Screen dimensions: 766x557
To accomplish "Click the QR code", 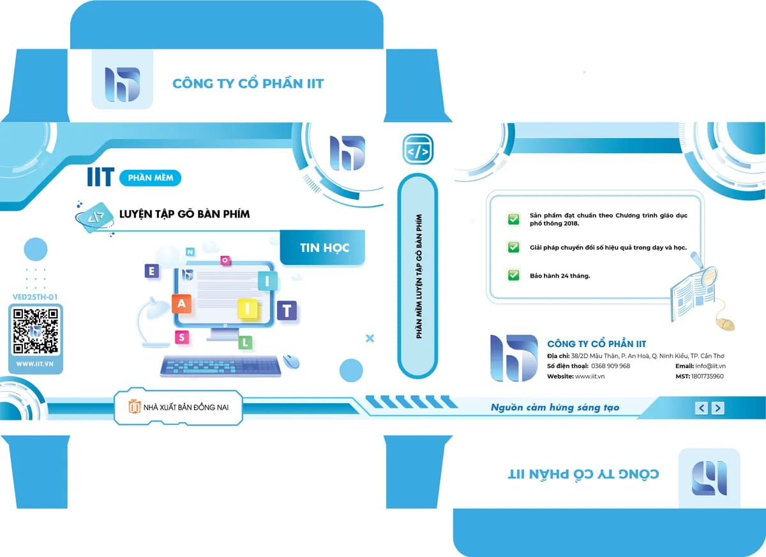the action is pos(35,330).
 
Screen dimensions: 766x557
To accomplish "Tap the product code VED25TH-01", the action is pos(35,297).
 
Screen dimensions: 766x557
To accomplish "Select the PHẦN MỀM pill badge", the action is pos(150,178).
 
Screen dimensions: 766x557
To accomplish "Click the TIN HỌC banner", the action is pos(322,248).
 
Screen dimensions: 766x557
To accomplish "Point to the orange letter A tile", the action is pos(181,303).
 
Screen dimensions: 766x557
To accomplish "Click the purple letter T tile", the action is pos(287,310).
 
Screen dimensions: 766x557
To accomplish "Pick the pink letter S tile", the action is pos(182,338).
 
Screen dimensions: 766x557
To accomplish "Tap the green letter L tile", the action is pos(245,342).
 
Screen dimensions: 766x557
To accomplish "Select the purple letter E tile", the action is pos(152,271).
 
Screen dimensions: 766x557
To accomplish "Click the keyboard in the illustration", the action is pos(221,366).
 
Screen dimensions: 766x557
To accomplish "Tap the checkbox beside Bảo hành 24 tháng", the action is pos(513,275).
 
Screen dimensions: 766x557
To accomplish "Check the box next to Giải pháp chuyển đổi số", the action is pos(513,247).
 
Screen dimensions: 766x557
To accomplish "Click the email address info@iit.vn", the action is pos(710,366).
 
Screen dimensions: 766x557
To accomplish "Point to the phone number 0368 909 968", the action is pos(610,366).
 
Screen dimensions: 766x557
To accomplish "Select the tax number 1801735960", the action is pos(707,376).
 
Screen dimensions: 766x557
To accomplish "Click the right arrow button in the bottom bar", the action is pos(717,408).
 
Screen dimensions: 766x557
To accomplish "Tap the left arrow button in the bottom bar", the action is pos(702,408).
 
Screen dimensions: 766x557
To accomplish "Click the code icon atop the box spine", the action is pos(417,149).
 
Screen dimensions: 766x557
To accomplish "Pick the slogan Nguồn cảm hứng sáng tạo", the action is pos(555,407).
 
